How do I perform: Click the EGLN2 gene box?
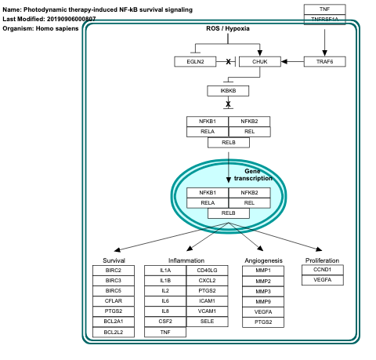196,61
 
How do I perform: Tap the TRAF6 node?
324,61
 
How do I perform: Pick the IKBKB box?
228,91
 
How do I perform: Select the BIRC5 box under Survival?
114,289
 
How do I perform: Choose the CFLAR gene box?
114,300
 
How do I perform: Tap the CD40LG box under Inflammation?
207,270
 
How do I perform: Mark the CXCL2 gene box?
207,280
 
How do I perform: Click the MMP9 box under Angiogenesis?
263,300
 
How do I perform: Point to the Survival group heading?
114,260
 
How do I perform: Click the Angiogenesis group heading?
263,260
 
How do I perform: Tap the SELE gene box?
207,320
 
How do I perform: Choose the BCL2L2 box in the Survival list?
114,331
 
